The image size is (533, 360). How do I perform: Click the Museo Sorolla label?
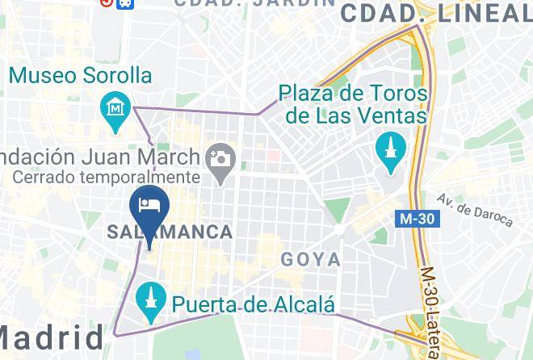81,76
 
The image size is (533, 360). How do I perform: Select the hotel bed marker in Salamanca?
150,203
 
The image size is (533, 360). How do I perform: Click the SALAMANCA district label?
170,232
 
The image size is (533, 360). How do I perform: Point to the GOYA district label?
310,260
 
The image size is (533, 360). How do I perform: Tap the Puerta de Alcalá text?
254,304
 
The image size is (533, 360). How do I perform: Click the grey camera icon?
219,158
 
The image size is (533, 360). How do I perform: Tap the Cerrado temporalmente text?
106,177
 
